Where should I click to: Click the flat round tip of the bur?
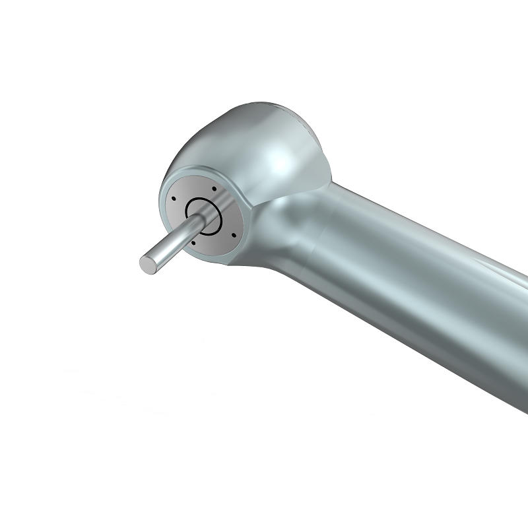tap(148, 261)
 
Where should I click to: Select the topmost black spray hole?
tap(213, 189)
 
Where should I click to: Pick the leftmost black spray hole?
tap(172, 200)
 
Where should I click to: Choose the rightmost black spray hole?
tap(234, 233)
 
